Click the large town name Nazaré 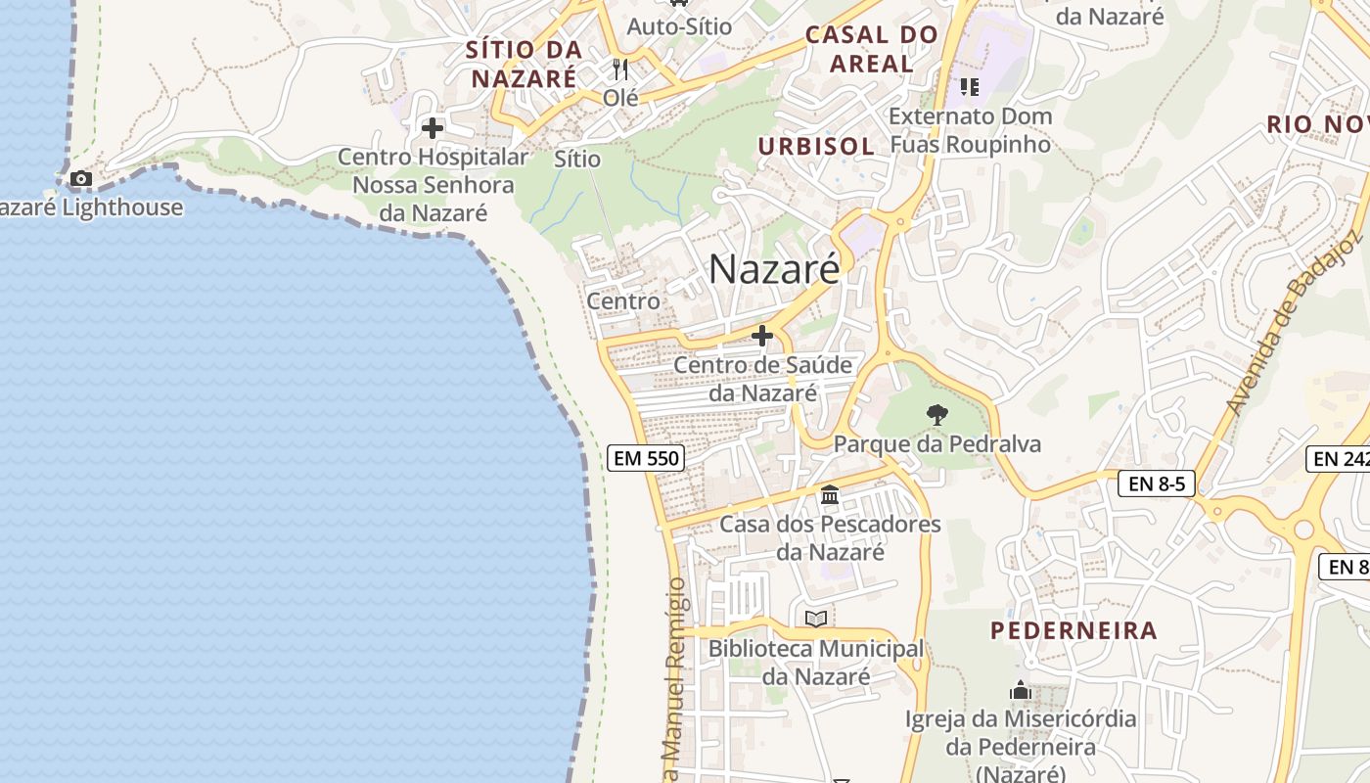tap(774, 268)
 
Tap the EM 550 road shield tap(645, 457)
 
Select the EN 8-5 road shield tap(1157, 483)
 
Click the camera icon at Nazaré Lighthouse tap(81, 178)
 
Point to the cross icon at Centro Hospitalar tap(432, 128)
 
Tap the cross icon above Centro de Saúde tap(762, 336)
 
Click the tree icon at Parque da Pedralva tap(936, 415)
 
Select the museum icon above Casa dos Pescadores tap(830, 495)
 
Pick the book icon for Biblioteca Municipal tap(816, 619)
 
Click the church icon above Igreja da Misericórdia tap(1021, 691)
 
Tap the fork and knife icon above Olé tap(619, 69)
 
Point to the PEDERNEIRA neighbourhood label tap(1073, 630)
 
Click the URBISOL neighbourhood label tap(816, 147)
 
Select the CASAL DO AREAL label tap(871, 50)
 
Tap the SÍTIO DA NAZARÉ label tap(524, 64)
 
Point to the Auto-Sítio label tap(679, 26)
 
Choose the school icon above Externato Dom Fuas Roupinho tap(970, 87)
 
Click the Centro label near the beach tap(623, 301)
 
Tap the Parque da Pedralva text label tap(936, 444)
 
